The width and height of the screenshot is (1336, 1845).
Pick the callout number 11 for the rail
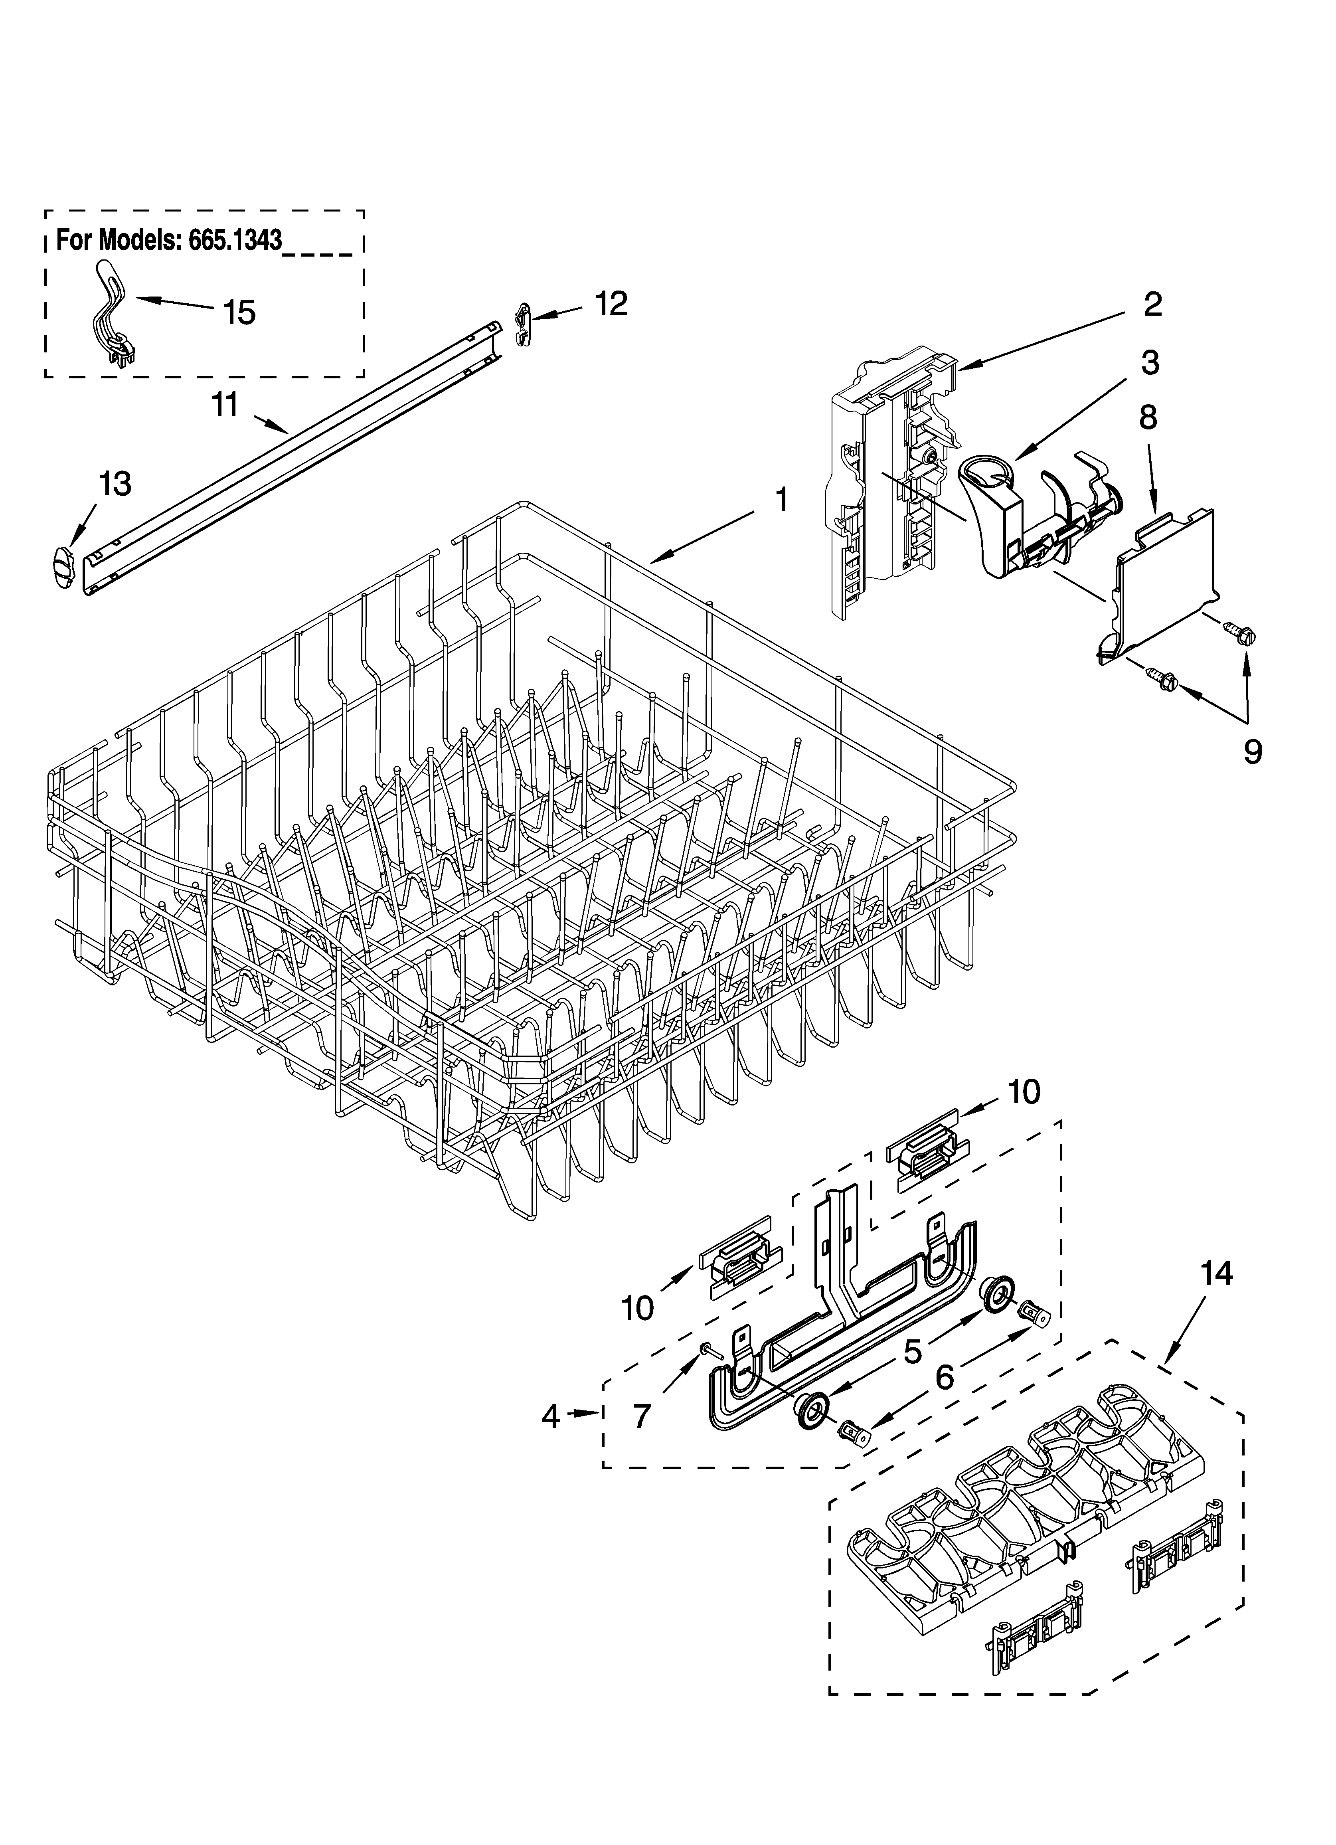pos(225,404)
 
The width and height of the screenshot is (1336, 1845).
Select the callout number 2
pos(1152,304)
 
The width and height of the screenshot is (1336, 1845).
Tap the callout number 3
pos(1149,363)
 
